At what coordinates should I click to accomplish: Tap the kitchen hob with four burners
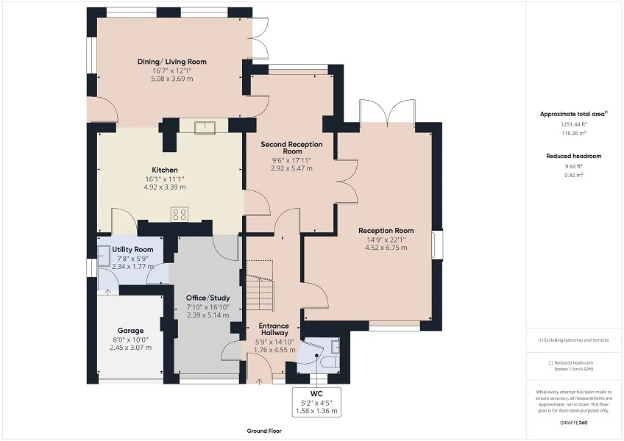tap(179, 214)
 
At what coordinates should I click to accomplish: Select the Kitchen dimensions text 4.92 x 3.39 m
tap(165, 187)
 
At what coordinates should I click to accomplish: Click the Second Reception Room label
tap(286, 147)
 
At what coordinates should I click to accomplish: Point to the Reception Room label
tap(386, 230)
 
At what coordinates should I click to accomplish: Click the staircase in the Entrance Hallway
tap(259, 290)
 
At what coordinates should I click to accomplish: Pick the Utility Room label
tap(132, 250)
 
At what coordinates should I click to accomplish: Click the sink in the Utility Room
tap(103, 254)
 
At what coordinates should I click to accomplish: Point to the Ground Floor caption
tap(264, 431)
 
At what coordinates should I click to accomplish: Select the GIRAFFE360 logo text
tap(574, 423)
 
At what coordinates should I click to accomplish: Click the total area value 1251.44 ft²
tap(573, 125)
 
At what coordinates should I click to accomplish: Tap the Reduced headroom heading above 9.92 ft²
tap(573, 156)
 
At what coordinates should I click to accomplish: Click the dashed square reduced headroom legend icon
tap(550, 363)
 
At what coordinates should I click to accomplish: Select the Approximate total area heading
tap(573, 114)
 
